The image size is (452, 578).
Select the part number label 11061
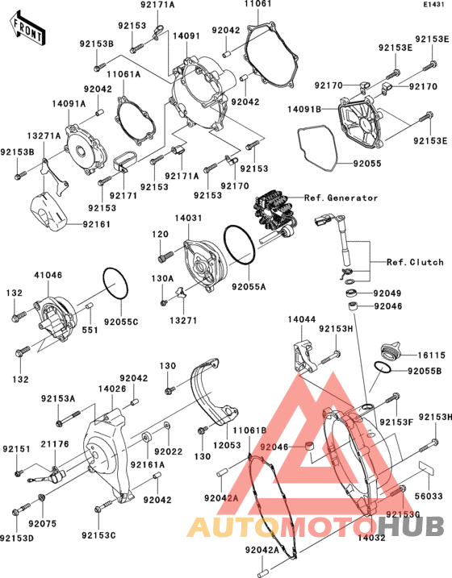coord(257,6)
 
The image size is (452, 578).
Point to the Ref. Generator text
coord(341,198)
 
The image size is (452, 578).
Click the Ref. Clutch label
coord(415,262)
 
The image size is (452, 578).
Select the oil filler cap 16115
coord(392,351)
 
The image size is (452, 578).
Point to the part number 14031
coord(188,218)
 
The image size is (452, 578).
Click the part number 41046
coord(48,275)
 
